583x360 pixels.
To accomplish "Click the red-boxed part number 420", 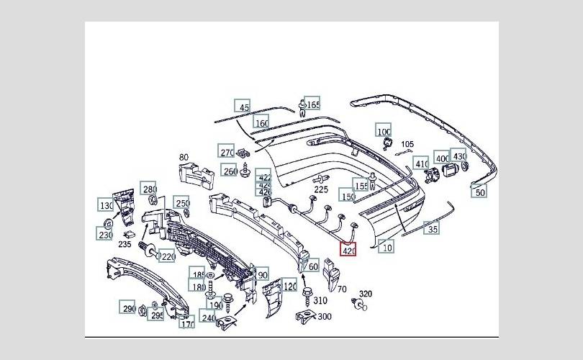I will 349,251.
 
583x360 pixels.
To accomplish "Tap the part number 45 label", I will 244,107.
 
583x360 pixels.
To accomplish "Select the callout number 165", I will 313,104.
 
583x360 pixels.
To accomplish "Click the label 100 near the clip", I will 384,131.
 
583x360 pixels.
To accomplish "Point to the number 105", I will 407,144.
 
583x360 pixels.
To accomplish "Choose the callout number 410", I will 422,163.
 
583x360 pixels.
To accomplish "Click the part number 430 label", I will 459,156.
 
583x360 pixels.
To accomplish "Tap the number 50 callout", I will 480,192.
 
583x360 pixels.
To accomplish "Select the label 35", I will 432,230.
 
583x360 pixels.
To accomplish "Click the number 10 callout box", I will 387,247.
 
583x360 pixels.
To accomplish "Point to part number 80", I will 184,157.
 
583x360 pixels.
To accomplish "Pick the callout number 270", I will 227,152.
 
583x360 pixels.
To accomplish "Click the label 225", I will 321,189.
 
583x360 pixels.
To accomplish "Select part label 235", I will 125,245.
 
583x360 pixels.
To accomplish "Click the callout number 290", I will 128,308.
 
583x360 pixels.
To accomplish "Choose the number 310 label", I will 320,300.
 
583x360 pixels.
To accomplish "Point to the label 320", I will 366,294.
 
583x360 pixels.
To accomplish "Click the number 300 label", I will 325,316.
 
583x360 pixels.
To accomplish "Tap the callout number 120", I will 290,286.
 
